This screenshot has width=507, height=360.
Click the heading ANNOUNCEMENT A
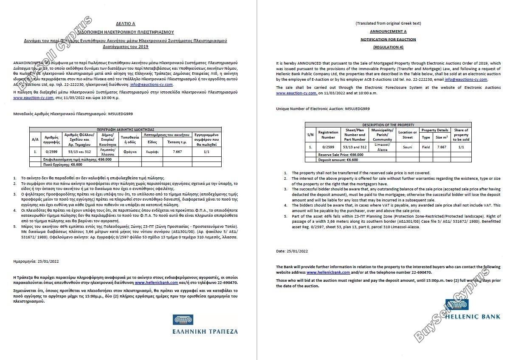(x=388, y=31)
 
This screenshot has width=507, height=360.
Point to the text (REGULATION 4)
(x=388, y=47)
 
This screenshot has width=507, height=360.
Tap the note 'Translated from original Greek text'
(x=388, y=23)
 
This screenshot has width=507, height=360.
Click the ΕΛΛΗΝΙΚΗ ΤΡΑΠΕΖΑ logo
(x=205, y=325)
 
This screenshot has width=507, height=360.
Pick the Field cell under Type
(x=425, y=147)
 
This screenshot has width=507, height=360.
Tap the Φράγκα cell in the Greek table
(x=130, y=150)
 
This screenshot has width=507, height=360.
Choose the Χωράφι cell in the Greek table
(x=152, y=150)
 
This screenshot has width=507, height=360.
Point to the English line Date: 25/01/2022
(x=292, y=251)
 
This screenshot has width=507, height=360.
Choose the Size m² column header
(x=442, y=137)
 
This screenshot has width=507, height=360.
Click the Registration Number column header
(x=328, y=135)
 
